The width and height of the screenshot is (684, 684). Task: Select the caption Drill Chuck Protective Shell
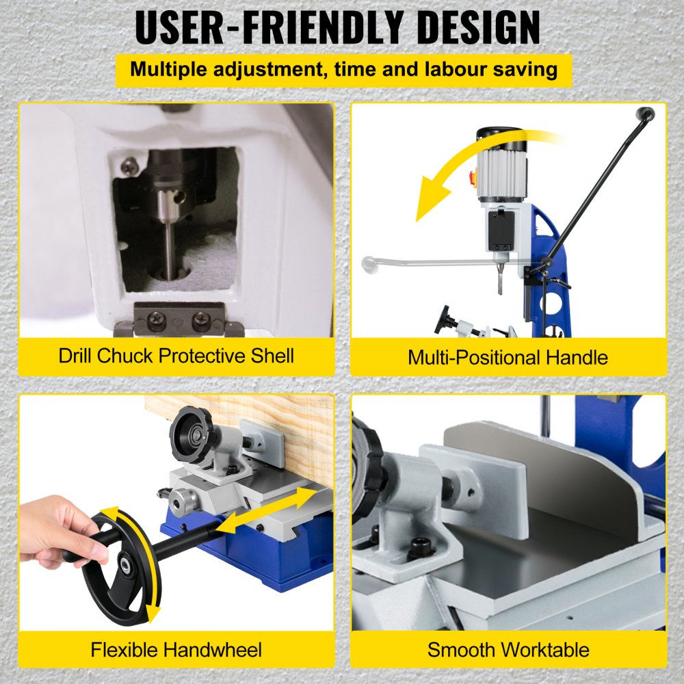tap(176, 356)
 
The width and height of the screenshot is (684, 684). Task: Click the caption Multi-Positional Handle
tap(508, 356)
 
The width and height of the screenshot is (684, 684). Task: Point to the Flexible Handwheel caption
tap(176, 648)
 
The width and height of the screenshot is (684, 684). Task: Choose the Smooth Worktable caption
tap(508, 648)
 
